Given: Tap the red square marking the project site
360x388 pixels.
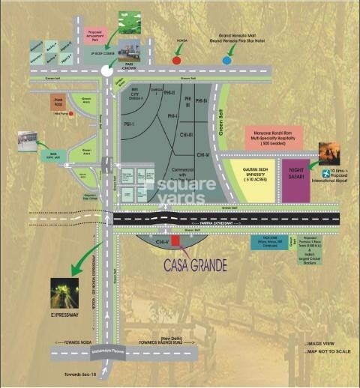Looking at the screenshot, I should point(176,240).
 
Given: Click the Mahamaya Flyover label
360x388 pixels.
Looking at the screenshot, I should point(94,347).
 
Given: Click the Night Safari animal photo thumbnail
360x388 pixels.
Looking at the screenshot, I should point(330,154).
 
